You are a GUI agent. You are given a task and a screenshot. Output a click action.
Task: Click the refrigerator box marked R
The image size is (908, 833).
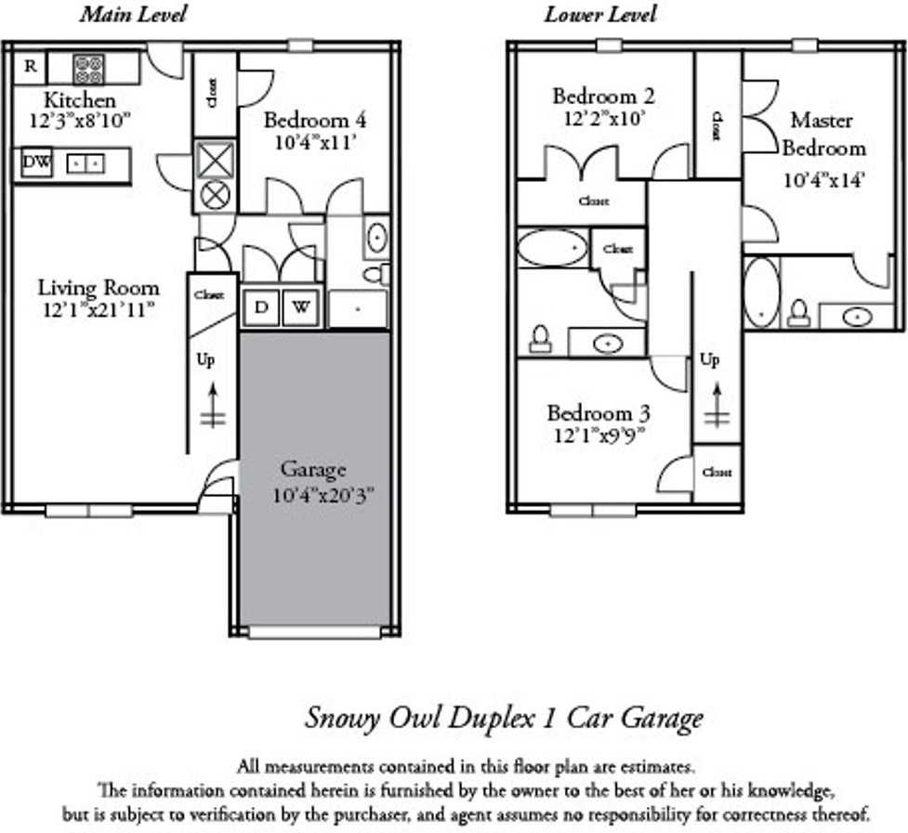click(x=31, y=67)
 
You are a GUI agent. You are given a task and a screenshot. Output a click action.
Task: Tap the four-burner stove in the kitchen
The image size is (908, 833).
click(x=88, y=69)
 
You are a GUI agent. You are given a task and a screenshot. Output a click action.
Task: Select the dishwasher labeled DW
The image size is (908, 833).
click(x=37, y=163)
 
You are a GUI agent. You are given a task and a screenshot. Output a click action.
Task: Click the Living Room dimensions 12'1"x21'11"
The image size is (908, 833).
click(x=98, y=310)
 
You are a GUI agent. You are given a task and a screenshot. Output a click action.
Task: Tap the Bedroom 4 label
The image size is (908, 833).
click(x=314, y=120)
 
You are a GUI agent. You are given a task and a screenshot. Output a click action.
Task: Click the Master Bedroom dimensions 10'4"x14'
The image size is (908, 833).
click(x=824, y=180)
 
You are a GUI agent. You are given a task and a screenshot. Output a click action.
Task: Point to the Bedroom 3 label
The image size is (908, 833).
click(x=598, y=413)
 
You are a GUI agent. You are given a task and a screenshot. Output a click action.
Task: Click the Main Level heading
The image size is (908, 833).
click(x=133, y=14)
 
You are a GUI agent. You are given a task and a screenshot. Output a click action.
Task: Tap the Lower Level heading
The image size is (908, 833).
click(x=600, y=14)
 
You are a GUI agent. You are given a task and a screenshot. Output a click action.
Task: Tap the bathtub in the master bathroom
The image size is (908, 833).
click(x=762, y=293)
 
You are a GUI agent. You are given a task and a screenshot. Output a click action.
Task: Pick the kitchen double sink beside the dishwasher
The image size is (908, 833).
click(x=86, y=163)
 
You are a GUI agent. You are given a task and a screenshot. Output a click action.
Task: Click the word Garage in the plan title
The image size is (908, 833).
click(x=659, y=718)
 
